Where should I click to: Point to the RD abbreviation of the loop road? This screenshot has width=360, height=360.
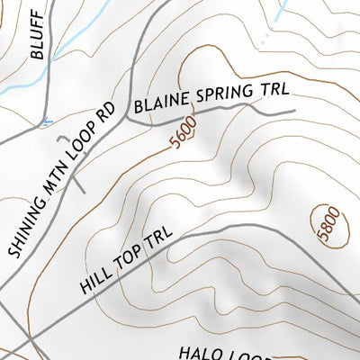click(109, 112)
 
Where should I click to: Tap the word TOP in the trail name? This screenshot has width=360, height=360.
click(131, 258)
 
